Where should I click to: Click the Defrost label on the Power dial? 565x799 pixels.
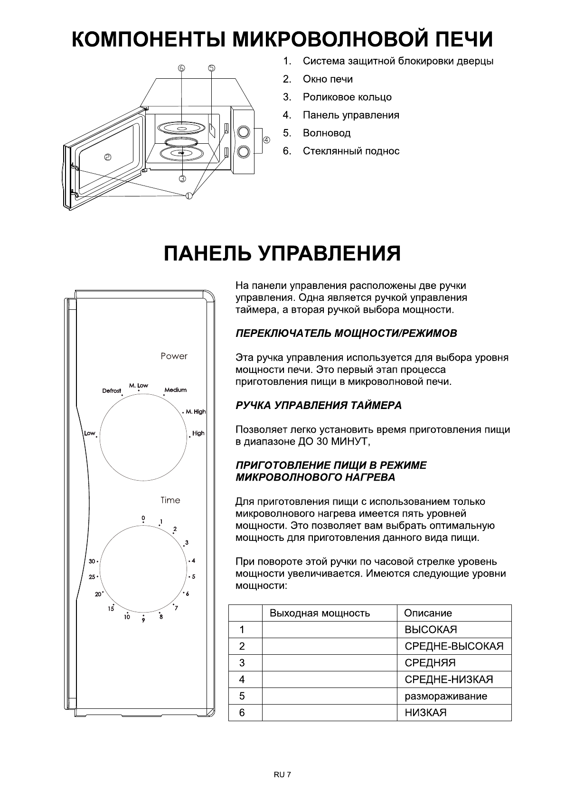(x=112, y=391)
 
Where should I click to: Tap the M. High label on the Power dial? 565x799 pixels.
(x=196, y=411)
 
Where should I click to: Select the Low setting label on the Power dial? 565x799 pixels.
(x=89, y=433)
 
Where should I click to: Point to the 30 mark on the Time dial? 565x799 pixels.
(x=92, y=561)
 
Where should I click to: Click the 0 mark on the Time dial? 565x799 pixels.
(x=143, y=518)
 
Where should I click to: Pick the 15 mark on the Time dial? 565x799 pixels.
(x=111, y=609)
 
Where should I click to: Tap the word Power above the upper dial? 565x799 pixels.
(x=174, y=356)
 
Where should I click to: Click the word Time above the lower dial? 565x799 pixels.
(x=170, y=500)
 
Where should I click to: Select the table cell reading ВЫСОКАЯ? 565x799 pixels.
(x=431, y=630)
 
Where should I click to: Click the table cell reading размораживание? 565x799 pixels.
(x=445, y=696)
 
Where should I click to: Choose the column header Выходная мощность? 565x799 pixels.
(x=320, y=613)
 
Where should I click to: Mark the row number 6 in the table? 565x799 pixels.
(x=242, y=713)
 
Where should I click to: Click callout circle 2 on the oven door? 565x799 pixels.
(x=108, y=158)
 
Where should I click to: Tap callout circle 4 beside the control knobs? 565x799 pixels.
(x=266, y=140)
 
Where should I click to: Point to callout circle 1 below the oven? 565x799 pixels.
(x=189, y=195)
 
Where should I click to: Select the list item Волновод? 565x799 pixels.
(x=326, y=133)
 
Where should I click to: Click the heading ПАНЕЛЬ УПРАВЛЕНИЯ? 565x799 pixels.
(x=282, y=253)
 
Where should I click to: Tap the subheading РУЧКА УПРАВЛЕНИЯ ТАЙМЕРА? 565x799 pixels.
(x=318, y=405)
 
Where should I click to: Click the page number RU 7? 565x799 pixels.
(x=282, y=775)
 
